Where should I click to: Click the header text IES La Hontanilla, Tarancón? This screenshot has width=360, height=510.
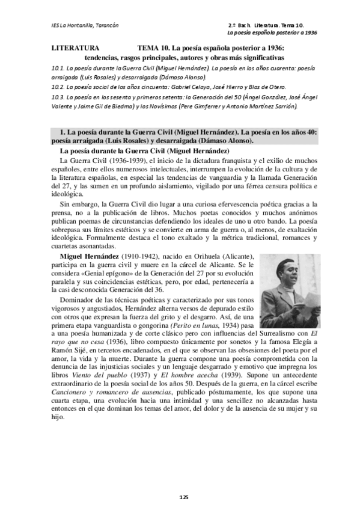coord(85,25)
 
